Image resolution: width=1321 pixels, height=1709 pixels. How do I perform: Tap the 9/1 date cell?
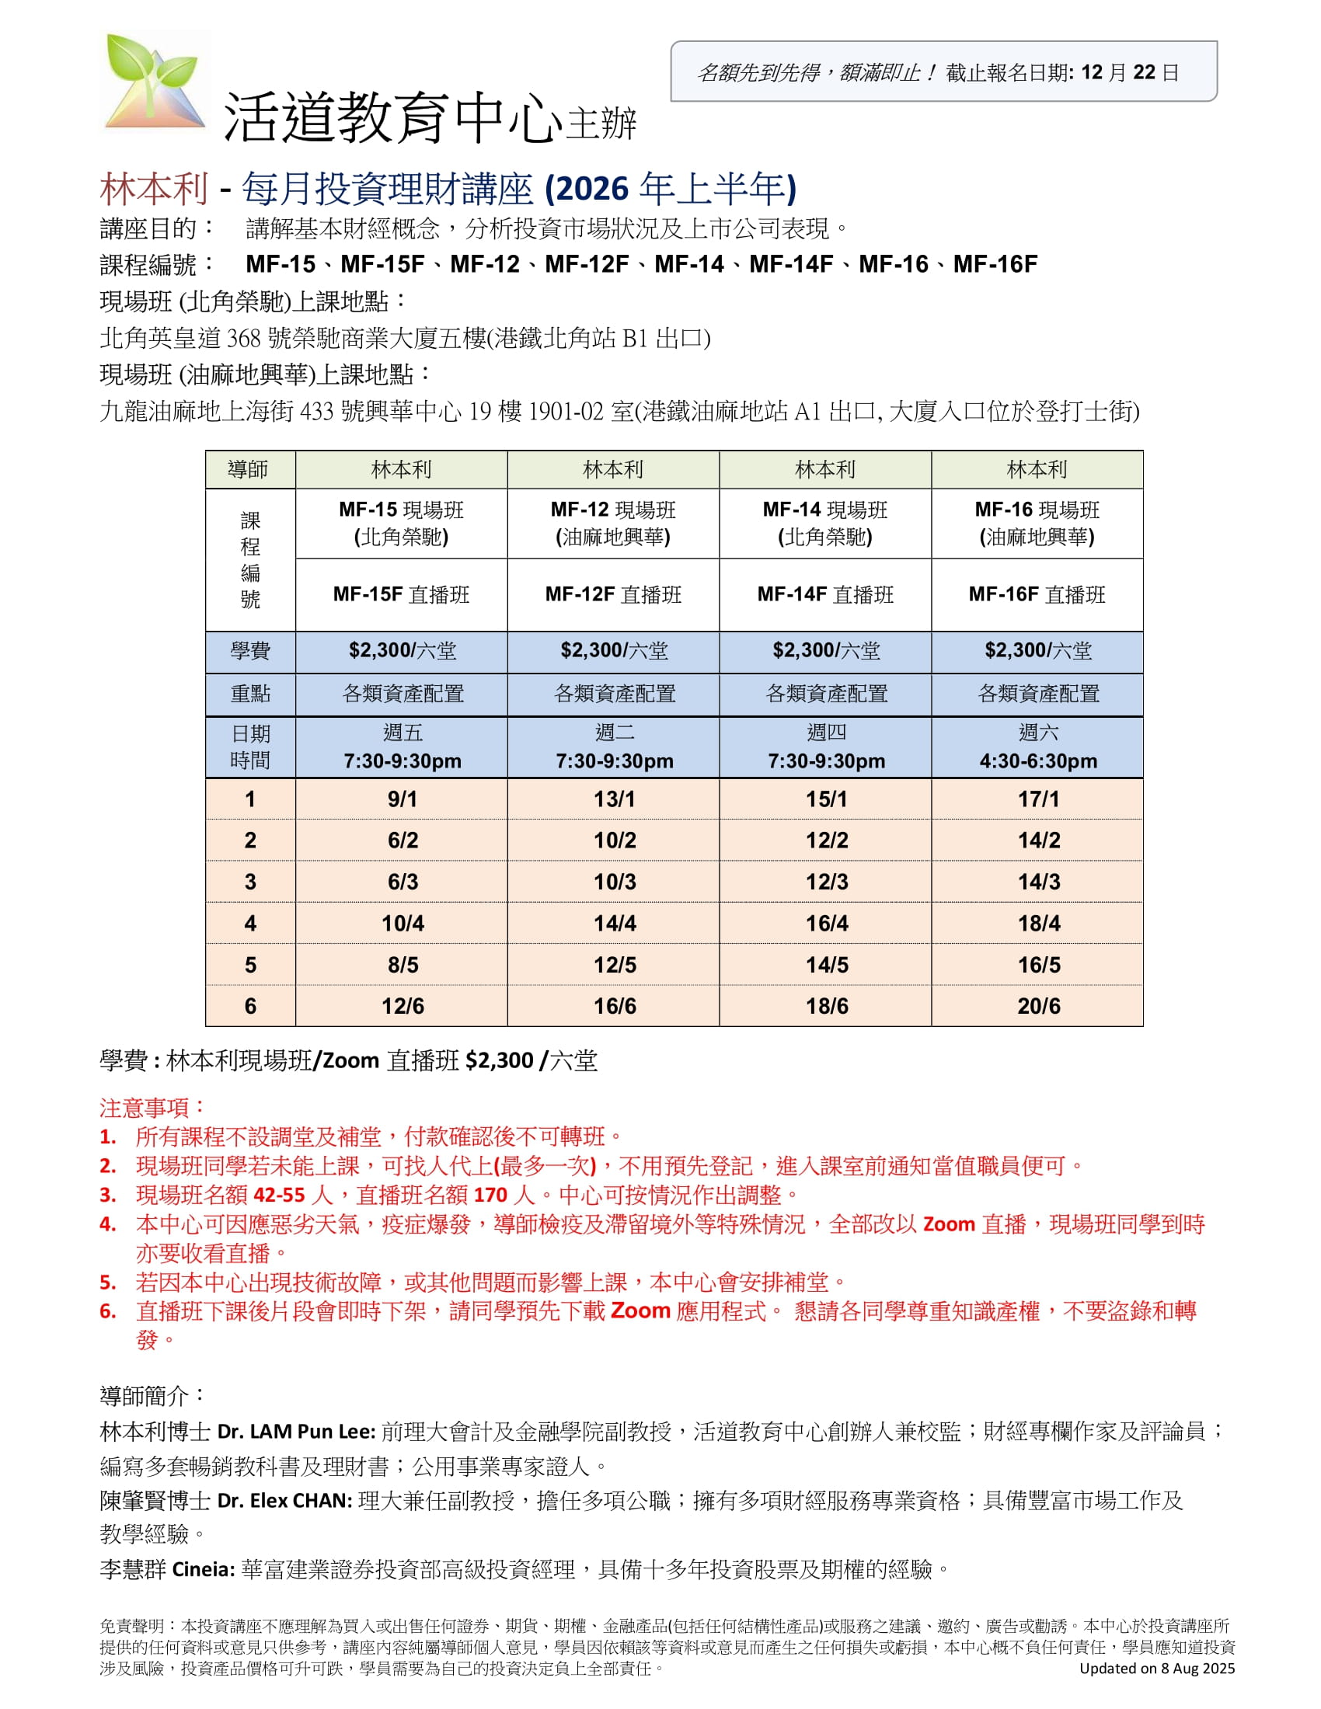[x=403, y=799]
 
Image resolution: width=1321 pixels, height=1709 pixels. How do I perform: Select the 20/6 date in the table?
[x=1038, y=1006]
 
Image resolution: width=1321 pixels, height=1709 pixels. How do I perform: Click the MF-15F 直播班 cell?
[x=402, y=595]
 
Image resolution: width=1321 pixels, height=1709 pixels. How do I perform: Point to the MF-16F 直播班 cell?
[x=1037, y=595]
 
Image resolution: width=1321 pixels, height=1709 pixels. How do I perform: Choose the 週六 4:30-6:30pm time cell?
[x=1037, y=747]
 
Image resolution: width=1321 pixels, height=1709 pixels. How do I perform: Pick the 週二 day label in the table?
[x=615, y=733]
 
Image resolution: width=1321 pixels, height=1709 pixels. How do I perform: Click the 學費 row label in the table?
[x=250, y=651]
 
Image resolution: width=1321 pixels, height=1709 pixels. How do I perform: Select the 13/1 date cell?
[x=615, y=799]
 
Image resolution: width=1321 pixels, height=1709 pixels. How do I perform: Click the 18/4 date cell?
[x=1038, y=924]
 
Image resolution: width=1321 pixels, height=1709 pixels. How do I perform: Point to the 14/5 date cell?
[x=827, y=965]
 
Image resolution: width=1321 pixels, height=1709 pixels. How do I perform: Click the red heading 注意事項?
[x=152, y=1108]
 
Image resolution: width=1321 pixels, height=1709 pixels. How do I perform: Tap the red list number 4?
[x=108, y=1224]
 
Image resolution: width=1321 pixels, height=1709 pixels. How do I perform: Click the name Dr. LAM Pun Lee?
[x=297, y=1432]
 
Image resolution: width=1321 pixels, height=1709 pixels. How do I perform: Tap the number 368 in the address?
[x=243, y=339]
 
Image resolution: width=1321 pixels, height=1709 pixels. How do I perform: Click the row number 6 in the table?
[x=250, y=1006]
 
